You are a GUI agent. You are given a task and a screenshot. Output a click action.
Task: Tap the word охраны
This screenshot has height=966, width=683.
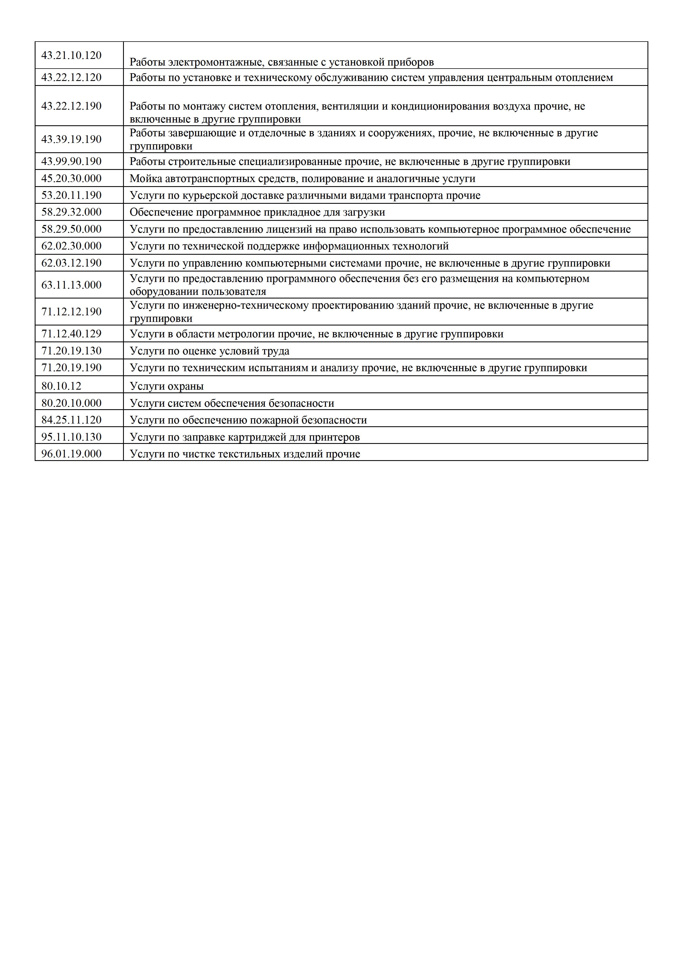click(185, 387)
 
